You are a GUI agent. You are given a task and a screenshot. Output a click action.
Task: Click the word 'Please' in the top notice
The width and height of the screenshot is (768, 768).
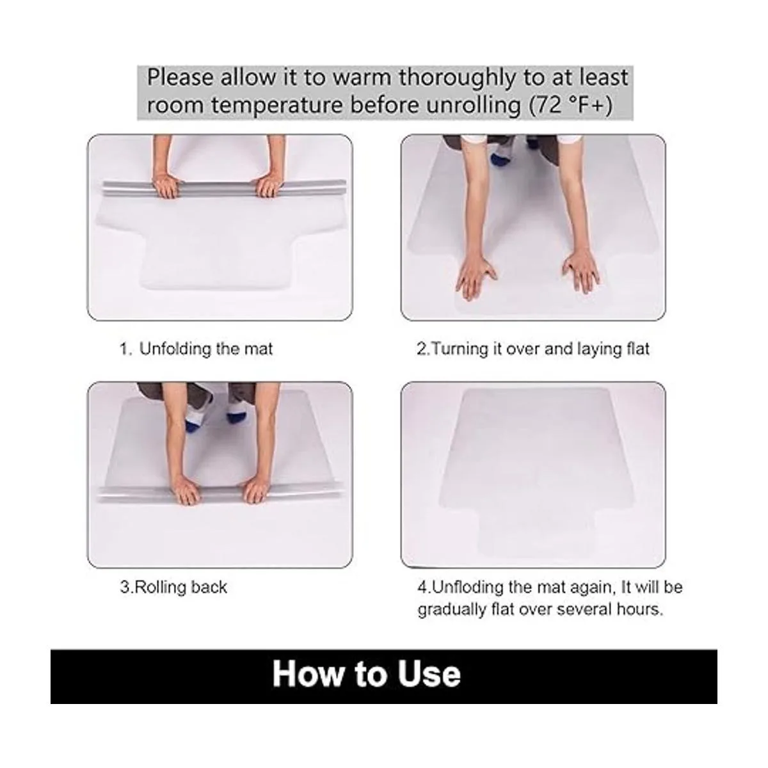(x=180, y=77)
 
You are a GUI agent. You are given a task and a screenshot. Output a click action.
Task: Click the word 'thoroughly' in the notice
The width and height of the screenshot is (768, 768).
(x=457, y=77)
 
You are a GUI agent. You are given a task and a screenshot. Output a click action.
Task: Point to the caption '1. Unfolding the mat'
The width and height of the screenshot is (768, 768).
(x=196, y=349)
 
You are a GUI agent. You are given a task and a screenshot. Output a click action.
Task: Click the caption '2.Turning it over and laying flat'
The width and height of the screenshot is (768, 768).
(x=533, y=349)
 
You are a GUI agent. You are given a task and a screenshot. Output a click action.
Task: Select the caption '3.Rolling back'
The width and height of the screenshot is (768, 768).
(x=173, y=588)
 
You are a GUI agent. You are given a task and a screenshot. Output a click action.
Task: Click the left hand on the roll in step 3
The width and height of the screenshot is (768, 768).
(x=188, y=491)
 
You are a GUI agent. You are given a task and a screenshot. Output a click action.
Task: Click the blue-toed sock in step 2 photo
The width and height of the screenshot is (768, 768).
(x=500, y=157)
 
